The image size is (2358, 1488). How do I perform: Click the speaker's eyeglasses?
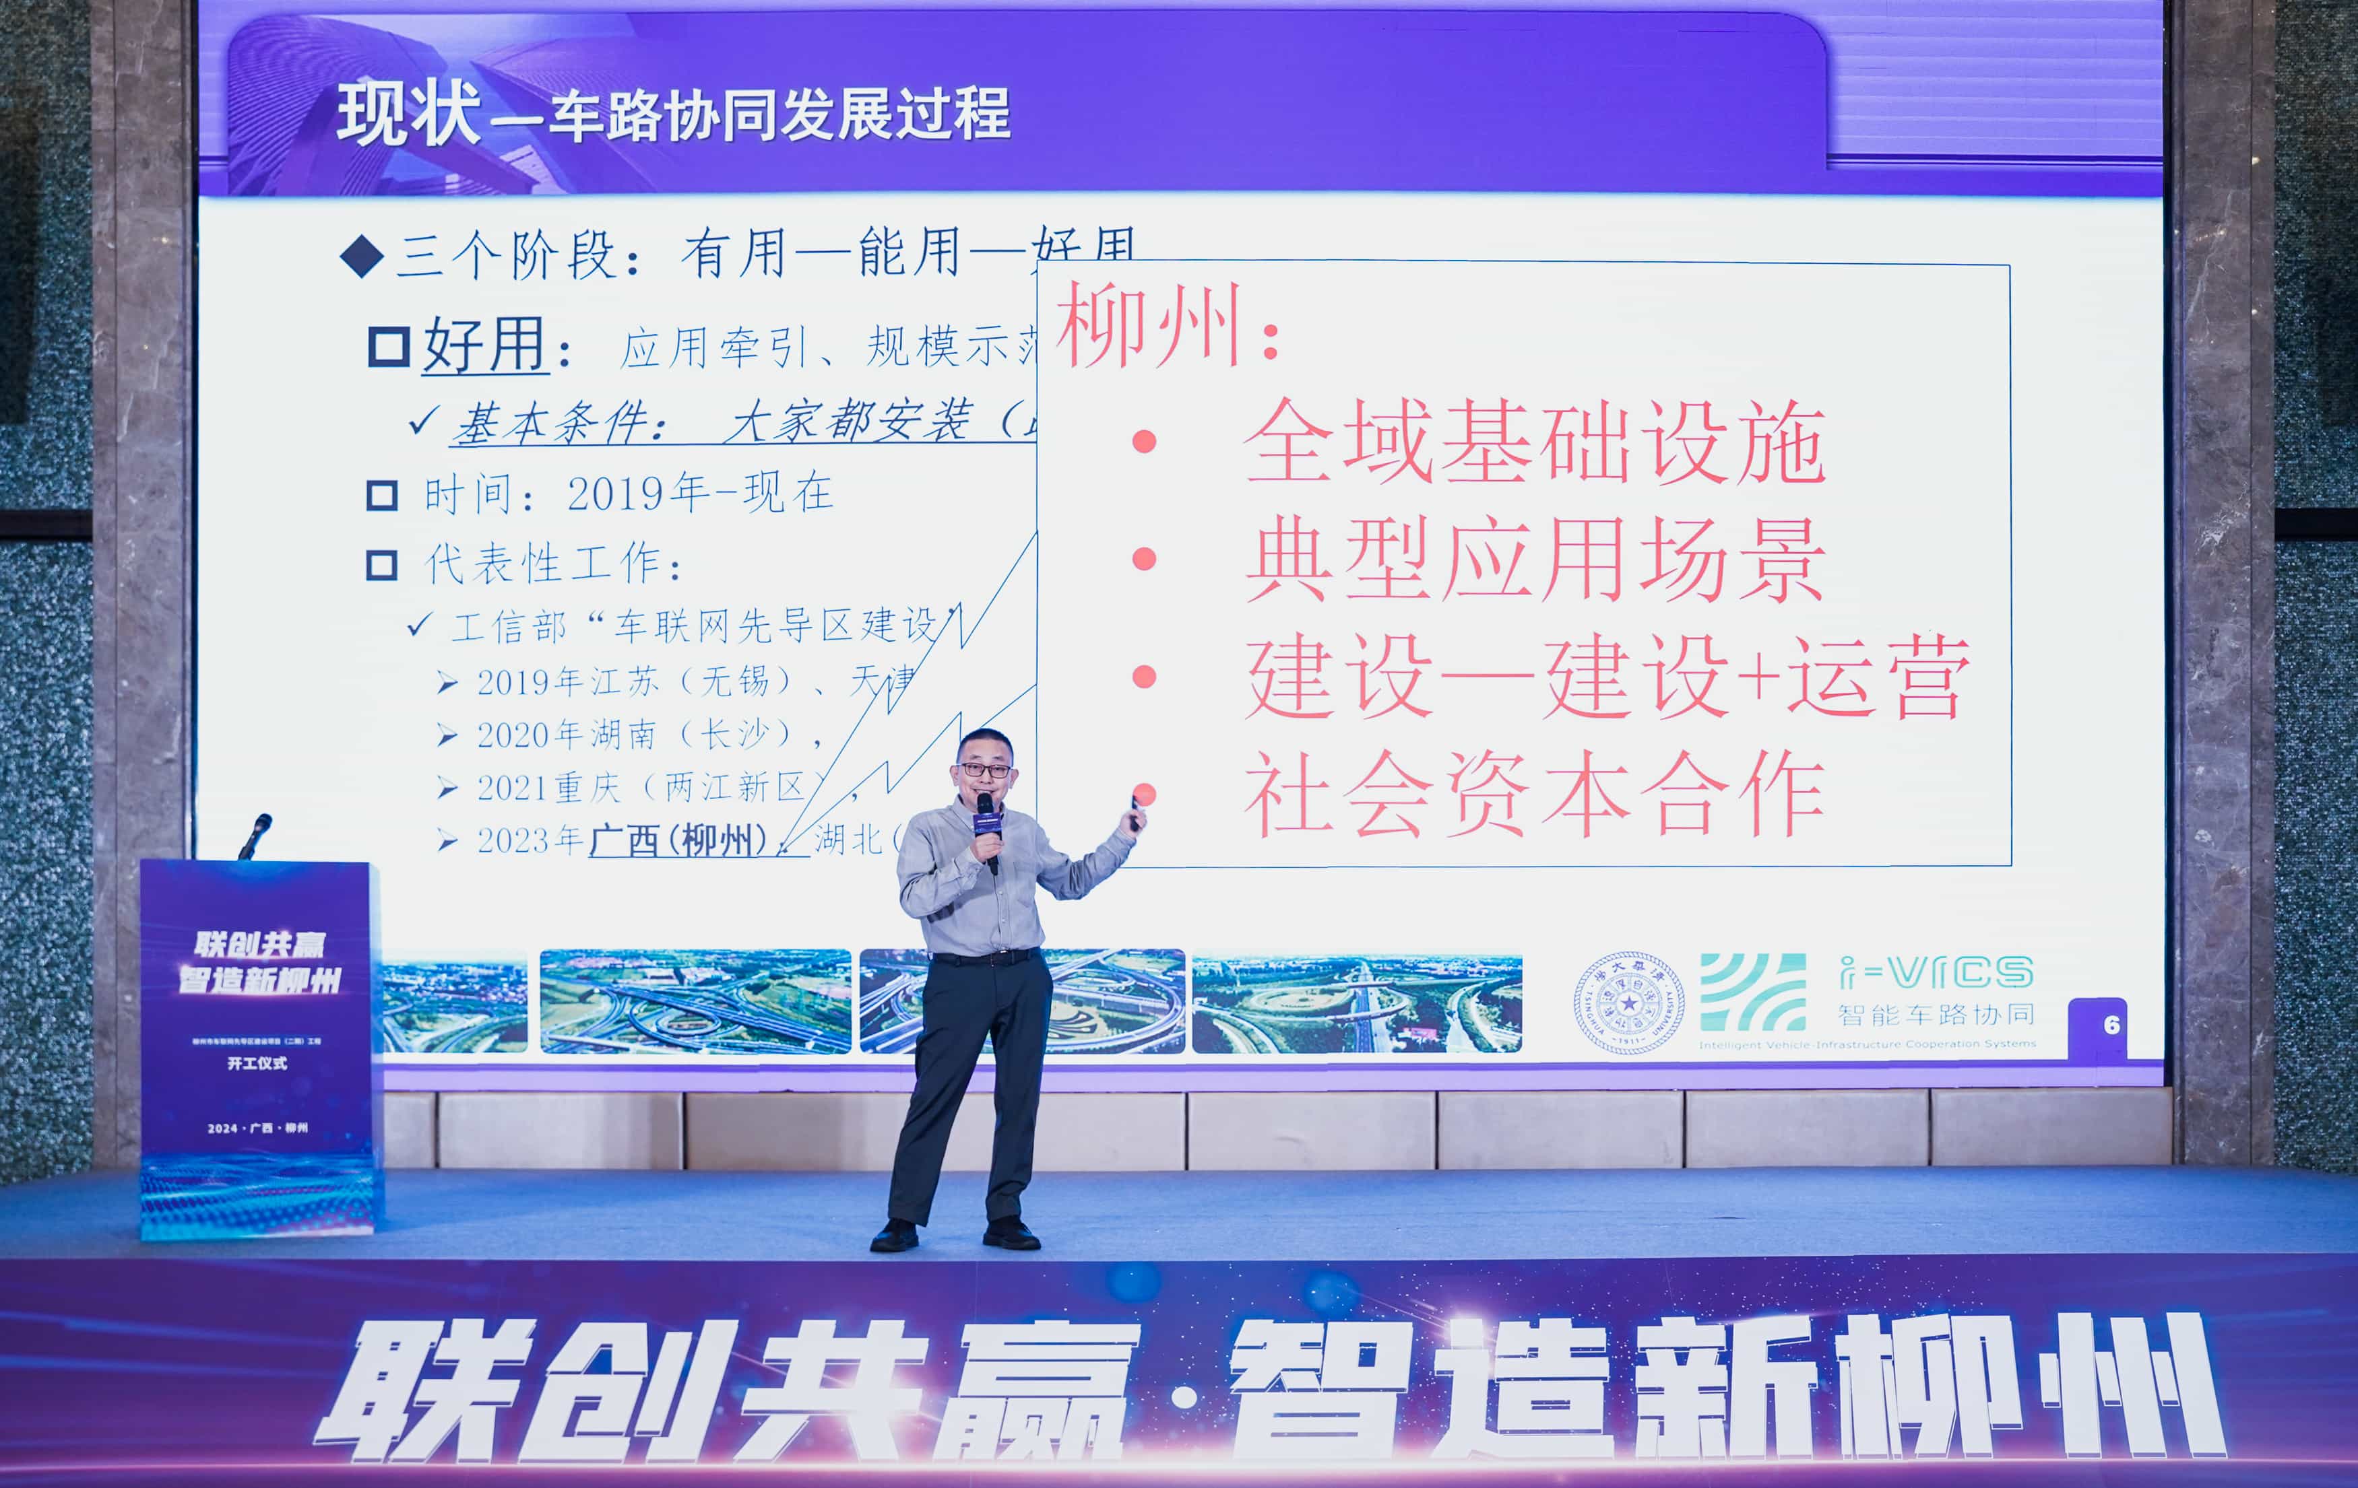(985, 770)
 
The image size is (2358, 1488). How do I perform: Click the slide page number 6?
(2111, 1025)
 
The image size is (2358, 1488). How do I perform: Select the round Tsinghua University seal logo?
(1628, 1003)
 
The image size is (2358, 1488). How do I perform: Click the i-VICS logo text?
(1936, 972)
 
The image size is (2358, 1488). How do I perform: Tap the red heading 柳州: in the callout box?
(1166, 326)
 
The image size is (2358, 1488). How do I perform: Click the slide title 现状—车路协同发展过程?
(673, 114)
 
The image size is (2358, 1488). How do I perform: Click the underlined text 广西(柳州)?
(678, 840)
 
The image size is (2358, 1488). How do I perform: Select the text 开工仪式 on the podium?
(257, 1063)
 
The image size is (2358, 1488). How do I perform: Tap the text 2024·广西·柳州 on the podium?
(257, 1128)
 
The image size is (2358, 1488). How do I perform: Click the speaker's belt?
(984, 957)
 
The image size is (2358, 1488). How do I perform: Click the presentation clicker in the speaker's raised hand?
(1136, 813)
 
